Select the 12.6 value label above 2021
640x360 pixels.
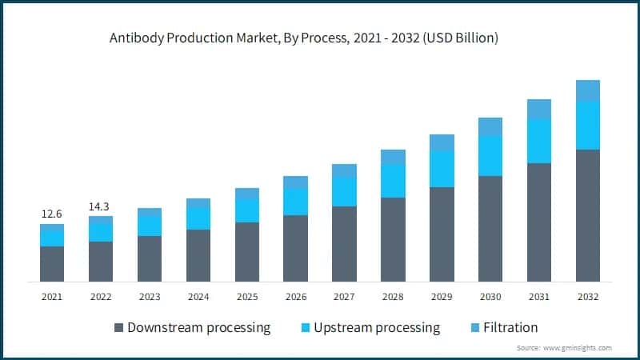[52, 214]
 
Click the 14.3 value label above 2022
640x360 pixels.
[100, 206]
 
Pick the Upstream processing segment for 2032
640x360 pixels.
[588, 125]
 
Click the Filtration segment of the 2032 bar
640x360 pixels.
[588, 90]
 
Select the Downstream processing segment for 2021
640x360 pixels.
[52, 263]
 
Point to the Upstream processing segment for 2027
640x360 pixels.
[344, 192]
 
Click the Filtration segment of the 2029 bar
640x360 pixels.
[442, 142]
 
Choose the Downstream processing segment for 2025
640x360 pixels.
[247, 251]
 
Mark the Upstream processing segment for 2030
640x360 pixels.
[490, 156]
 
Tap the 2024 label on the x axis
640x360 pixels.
[198, 297]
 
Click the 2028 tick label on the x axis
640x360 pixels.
[393, 297]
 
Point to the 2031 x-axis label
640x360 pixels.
[539, 297]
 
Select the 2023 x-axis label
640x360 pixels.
[150, 297]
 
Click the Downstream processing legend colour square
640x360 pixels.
[119, 328]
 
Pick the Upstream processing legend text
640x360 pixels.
[377, 328]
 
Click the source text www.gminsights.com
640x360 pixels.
[578, 348]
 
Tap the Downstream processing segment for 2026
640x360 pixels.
[295, 248]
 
